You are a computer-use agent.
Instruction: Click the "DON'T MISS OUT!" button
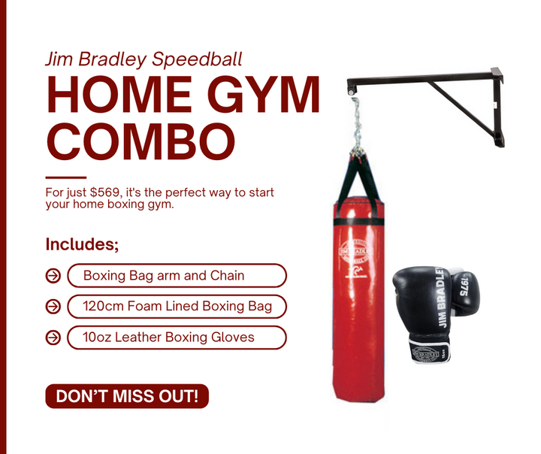click(x=126, y=396)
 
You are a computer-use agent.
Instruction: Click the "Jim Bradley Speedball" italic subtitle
click(x=144, y=59)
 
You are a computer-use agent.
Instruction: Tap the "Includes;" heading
click(x=82, y=244)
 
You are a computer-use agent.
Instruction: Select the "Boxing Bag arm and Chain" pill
click(x=177, y=276)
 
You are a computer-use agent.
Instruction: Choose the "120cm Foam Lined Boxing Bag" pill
click(x=177, y=307)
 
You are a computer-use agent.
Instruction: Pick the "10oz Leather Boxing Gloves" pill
click(x=177, y=337)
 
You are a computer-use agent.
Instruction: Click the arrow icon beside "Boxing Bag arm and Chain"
click(x=53, y=276)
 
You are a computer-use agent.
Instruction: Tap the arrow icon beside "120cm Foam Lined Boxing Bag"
click(x=53, y=307)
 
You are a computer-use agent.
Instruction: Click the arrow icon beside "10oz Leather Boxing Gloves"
click(x=53, y=337)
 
